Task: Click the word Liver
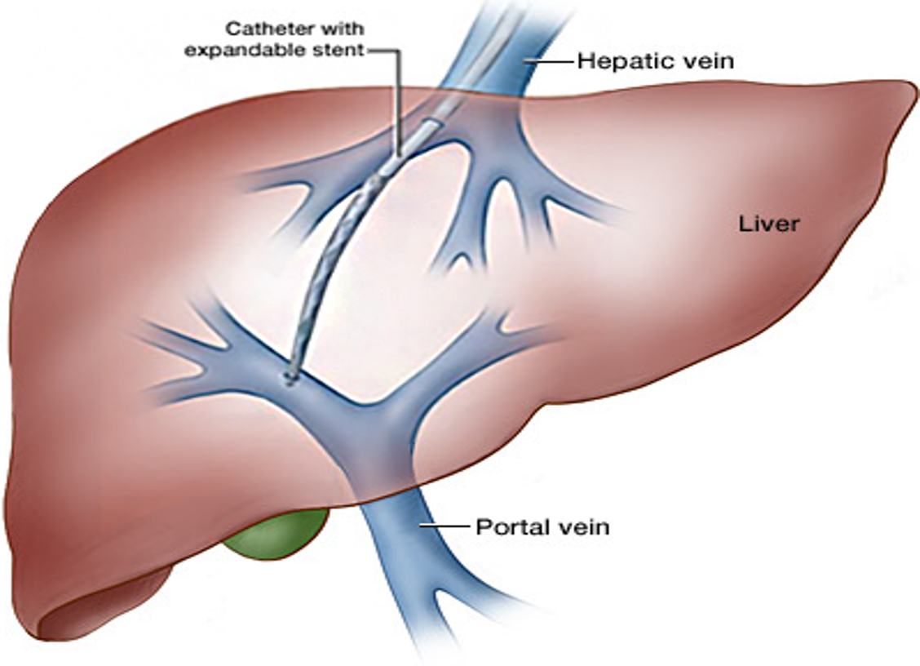(769, 223)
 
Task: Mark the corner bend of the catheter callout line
(398, 51)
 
